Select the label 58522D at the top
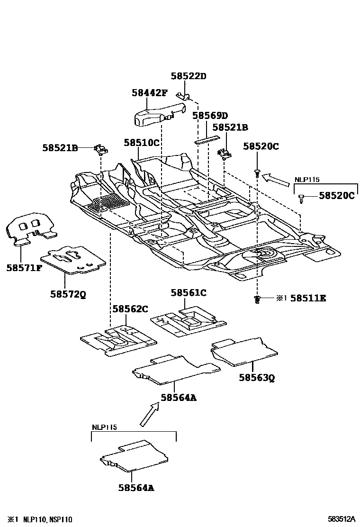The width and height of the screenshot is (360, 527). tap(189, 76)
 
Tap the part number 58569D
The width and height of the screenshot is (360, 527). tap(210, 116)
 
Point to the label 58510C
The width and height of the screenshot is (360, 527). tap(141, 142)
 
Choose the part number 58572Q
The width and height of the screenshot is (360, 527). tap(68, 294)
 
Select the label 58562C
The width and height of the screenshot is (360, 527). tap(130, 309)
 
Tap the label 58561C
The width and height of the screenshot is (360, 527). tap(189, 293)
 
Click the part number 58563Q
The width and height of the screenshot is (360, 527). tap(257, 377)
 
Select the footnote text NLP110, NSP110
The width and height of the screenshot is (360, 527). tap(47, 519)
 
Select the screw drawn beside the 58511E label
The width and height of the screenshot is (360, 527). tap(257, 299)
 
